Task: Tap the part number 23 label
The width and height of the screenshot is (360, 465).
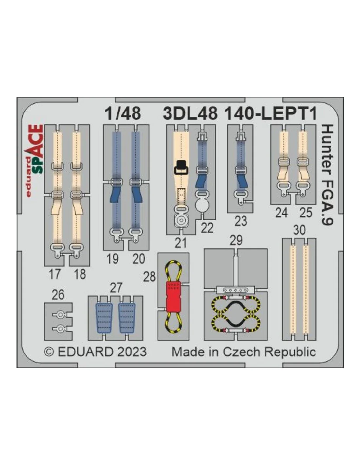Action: tap(241, 221)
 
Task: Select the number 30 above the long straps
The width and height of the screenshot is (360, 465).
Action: tap(299, 230)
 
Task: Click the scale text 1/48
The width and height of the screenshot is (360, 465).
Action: tap(123, 113)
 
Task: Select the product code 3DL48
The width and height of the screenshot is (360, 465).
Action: tap(190, 113)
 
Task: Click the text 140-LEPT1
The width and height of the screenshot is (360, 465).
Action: tap(271, 113)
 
